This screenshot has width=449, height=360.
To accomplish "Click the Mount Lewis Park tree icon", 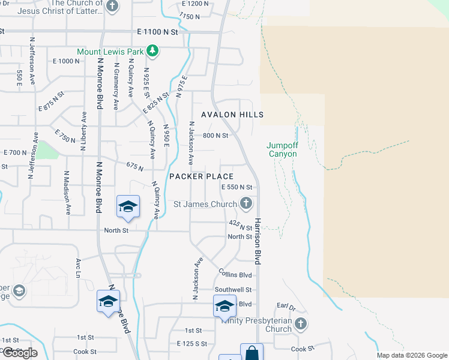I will coord(152,51).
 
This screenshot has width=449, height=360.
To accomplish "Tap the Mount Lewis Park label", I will coord(110,52).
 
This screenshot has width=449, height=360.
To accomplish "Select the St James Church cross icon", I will coord(246,204).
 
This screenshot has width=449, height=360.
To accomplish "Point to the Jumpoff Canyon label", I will coord(282,149).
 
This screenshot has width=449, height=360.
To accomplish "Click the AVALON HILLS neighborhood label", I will coord(232,114).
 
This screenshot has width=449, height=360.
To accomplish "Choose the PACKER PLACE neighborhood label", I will coord(201,176).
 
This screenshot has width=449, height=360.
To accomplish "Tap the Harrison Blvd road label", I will coord(259,241).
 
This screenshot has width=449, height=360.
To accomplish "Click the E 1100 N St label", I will coord(158,31).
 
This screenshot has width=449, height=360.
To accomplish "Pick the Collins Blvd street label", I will coord(235,275).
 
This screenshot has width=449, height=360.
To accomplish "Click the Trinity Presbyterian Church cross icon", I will coord(301,324).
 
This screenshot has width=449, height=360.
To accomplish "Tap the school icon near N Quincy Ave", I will coord(128,206).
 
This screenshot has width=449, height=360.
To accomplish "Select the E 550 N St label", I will coord(237,187).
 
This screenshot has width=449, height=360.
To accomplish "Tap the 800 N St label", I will coord(215,136).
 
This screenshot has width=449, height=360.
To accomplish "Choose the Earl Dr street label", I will coord(286,307).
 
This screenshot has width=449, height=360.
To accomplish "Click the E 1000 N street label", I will coord(66,61).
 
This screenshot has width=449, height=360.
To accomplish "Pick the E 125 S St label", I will coord(192,344).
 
